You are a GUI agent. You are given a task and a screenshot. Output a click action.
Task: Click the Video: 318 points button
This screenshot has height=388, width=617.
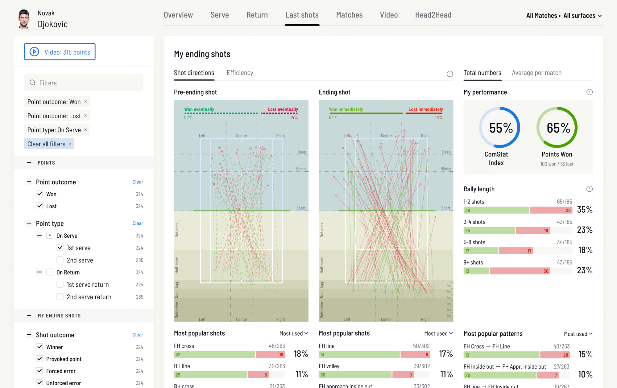click(x=60, y=52)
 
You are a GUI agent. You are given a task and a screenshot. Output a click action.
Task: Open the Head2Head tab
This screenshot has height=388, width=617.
click(x=433, y=15)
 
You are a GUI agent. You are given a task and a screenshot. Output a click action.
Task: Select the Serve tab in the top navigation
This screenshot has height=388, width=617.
click(x=220, y=15)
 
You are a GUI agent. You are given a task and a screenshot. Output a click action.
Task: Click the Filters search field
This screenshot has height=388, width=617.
click(x=84, y=83)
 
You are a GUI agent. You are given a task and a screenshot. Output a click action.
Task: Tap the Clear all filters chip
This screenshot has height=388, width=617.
click(x=49, y=144)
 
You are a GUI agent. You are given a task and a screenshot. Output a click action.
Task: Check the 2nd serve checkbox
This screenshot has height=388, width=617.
click(x=60, y=260)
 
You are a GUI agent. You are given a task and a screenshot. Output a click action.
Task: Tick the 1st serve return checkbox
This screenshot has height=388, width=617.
click(x=60, y=284)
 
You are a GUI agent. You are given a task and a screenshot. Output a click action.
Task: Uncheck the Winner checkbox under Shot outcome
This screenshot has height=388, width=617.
click(x=39, y=347)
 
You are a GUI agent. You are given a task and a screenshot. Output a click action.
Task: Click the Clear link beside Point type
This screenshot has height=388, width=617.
click(x=138, y=223)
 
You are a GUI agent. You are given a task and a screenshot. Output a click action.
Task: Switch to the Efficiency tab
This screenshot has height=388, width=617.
click(x=240, y=73)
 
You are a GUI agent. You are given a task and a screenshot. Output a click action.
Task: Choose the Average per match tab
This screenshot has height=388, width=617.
click(x=536, y=73)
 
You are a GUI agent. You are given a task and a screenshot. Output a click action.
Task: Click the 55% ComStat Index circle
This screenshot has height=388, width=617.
click(x=499, y=128)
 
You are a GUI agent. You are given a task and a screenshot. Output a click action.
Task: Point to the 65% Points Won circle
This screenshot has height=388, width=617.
click(x=557, y=128)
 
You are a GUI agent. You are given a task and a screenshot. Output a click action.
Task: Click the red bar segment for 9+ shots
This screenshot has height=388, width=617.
click(x=520, y=271)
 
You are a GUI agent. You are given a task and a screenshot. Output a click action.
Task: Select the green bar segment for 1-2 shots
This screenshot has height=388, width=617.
click(x=496, y=210)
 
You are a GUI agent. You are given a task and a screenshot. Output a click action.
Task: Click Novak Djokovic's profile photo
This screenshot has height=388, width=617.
click(x=24, y=19)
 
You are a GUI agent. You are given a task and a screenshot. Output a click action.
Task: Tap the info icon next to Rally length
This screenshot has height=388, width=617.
click(x=589, y=189)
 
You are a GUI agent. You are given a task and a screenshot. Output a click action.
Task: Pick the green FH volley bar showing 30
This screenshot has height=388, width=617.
click(x=355, y=375)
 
